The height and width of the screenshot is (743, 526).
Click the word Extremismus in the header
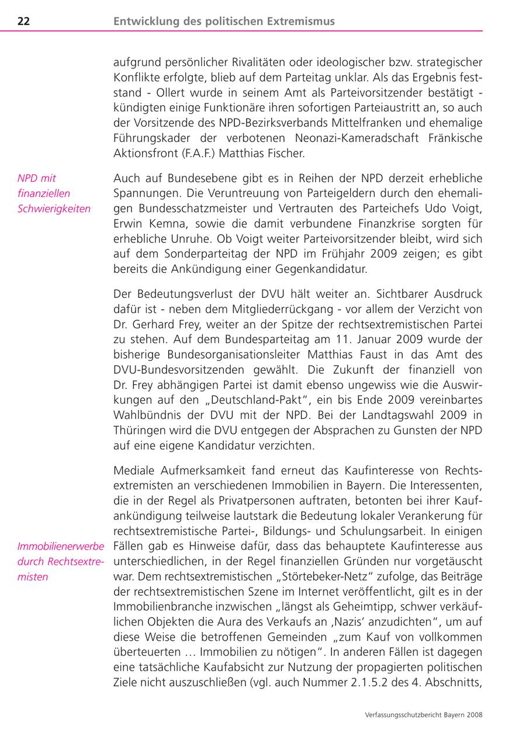pos(302,22)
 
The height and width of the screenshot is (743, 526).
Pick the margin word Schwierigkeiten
pos(54,209)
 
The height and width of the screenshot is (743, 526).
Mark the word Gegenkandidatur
pos(328,269)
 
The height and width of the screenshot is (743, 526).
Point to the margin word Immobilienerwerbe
pos(61,547)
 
